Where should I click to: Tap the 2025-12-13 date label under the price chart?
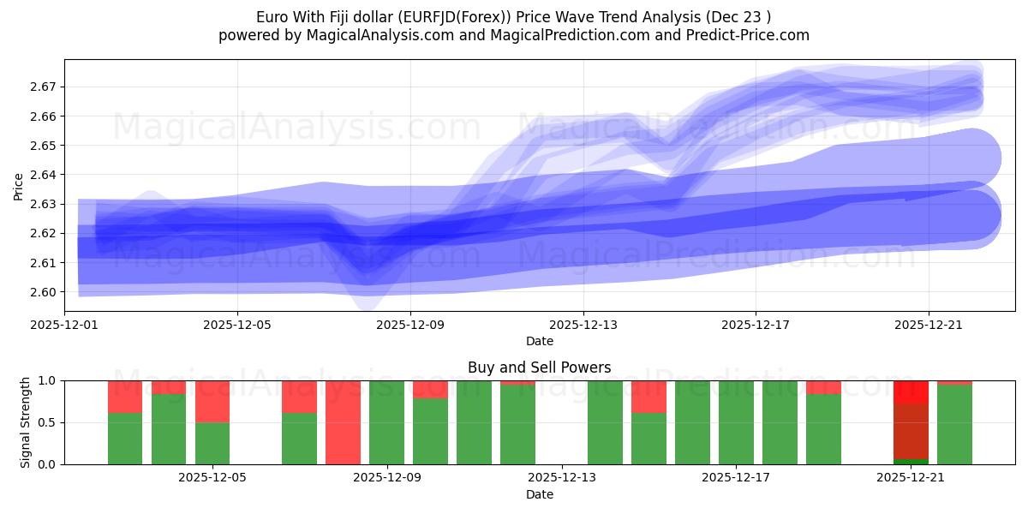pos(583,325)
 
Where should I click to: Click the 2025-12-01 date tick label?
pos(64,325)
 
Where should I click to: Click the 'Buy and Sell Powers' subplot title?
pos(539,368)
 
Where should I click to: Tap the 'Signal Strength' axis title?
pos(25,422)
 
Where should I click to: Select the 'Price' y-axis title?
pos(19,186)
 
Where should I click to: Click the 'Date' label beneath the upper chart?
pos(539,341)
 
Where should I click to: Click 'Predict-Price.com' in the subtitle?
pos(743,35)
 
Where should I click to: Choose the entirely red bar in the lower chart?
pos(343,422)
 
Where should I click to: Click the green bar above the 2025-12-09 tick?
pos(386,422)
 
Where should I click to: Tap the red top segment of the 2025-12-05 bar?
pos(212,401)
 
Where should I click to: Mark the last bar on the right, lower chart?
pos(954,424)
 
